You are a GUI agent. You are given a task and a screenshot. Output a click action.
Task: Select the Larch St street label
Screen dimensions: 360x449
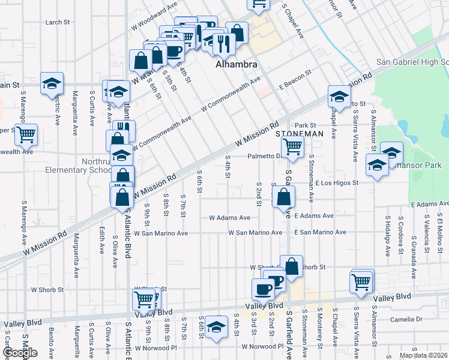[58, 22]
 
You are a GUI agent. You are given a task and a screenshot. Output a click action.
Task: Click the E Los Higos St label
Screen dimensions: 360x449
[336, 183]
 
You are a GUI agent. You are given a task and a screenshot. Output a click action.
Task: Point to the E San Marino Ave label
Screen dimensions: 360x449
[320, 232]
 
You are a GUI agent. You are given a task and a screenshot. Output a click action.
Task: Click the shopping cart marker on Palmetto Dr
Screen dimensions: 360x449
[292, 146]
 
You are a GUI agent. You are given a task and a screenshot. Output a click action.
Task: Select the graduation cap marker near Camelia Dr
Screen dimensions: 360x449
[215, 327]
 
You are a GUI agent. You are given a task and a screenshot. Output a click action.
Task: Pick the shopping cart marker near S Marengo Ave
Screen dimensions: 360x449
[26, 135]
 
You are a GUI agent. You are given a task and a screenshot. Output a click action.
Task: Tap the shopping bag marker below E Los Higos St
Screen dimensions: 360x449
[283, 196]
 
